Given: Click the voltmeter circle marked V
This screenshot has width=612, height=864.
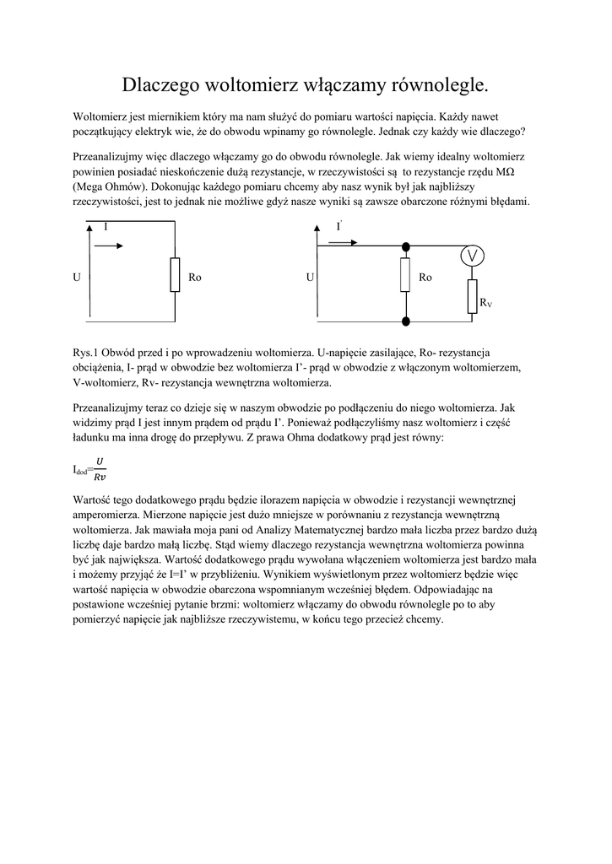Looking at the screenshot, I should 473,256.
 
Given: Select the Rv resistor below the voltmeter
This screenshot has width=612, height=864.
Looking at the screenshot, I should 473,297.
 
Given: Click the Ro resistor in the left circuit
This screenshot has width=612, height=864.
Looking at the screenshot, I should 175,275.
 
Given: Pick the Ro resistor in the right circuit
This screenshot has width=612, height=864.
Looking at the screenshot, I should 405,275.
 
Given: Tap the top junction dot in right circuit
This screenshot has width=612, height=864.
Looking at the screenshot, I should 405,246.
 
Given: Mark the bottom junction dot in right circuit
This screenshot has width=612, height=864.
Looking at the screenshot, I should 405,321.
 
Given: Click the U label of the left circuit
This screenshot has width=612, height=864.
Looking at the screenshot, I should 77,277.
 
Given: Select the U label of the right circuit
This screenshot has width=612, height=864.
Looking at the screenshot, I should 310,277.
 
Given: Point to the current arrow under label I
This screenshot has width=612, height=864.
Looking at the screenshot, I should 109,246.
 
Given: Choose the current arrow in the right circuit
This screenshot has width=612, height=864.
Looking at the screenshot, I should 342,242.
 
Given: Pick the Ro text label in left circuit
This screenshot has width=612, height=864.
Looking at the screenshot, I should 195,277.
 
